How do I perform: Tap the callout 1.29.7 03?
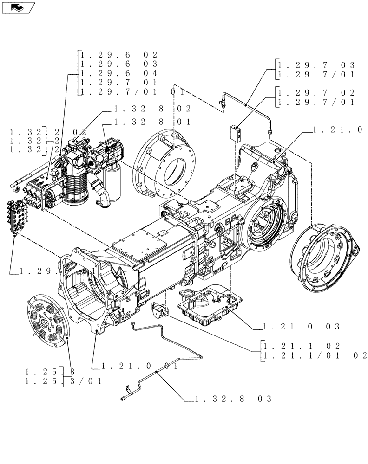[316, 64]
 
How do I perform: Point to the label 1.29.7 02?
[316, 92]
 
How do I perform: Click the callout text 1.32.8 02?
[152, 109]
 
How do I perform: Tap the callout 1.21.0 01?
[140, 367]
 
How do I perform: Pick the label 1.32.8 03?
[233, 399]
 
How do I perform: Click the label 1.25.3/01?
[63, 381]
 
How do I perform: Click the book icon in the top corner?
[18, 7]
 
